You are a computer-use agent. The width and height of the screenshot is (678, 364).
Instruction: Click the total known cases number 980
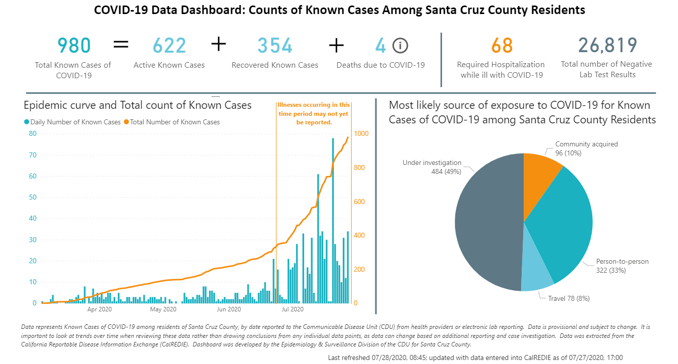click(74, 46)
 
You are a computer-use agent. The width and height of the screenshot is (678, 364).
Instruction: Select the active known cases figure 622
click(169, 46)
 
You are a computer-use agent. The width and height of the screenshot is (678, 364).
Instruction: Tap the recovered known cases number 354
click(275, 46)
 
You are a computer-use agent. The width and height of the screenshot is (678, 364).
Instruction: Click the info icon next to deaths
click(400, 46)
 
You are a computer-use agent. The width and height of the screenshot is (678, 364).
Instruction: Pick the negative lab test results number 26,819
click(607, 45)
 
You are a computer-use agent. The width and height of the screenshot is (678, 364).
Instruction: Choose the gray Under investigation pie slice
click(489, 223)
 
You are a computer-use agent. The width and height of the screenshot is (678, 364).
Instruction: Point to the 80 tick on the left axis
click(33, 133)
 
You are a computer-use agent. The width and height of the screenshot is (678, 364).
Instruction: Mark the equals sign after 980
click(121, 45)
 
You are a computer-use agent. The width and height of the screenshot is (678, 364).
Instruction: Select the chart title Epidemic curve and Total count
click(137, 105)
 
